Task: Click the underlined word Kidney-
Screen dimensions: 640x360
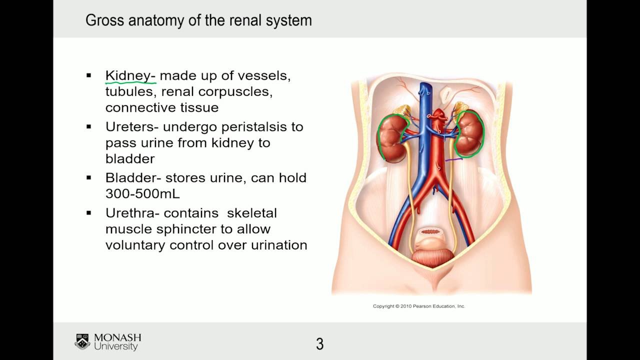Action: point(130,76)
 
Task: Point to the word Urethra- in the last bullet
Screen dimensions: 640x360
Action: point(132,213)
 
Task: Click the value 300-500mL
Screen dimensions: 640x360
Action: point(142,194)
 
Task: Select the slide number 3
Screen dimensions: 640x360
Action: point(320,344)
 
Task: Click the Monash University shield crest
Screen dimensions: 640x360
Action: point(82,341)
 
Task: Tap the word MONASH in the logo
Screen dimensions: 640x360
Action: point(117,337)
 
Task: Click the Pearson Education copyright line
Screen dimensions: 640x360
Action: point(419,306)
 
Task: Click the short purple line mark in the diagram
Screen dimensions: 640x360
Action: point(454,159)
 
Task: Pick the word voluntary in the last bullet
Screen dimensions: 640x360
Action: point(135,245)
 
